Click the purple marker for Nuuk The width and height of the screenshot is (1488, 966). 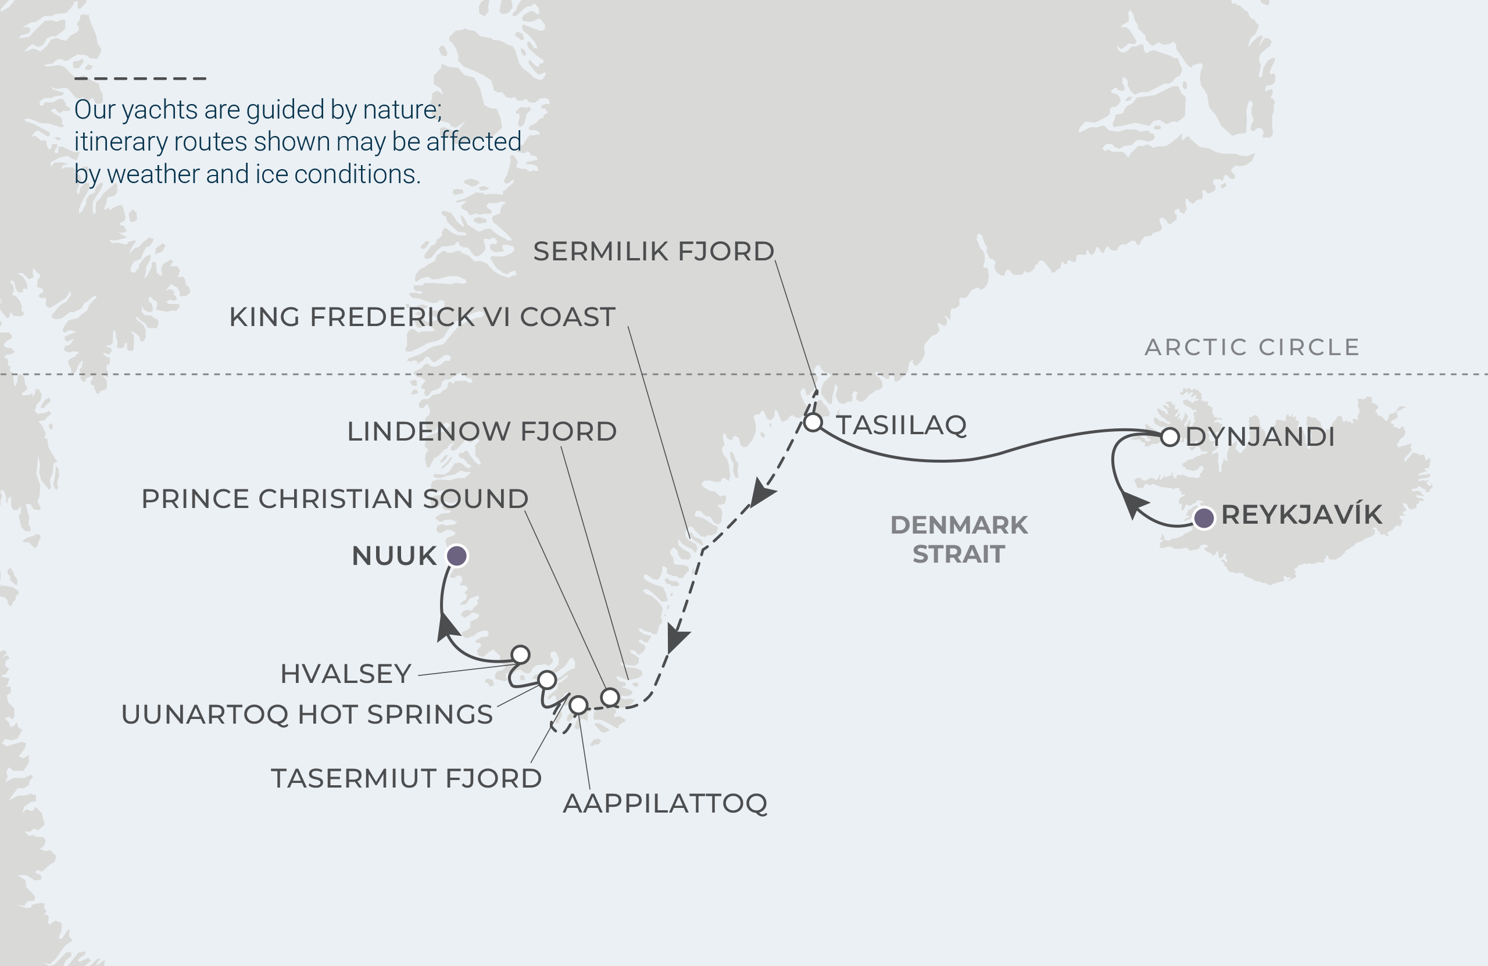[456, 555]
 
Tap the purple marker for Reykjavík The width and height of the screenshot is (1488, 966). [1204, 518]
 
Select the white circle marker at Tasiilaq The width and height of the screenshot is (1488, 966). [813, 423]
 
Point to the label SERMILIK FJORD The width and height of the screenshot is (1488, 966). [653, 251]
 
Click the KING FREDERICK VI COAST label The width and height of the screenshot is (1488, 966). [422, 317]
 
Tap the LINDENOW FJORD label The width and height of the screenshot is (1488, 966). [481, 431]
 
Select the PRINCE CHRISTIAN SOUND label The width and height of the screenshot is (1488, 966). [334, 499]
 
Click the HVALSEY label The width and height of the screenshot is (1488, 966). [346, 674]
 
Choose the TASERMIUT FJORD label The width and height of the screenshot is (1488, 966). [406, 779]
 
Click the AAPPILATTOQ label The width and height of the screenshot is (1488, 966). [664, 803]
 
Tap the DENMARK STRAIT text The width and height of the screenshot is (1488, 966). [958, 539]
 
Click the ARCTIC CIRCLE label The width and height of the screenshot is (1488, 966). [1252, 347]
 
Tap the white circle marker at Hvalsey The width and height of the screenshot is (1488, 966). [520, 654]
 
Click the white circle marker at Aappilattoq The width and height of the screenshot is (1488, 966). [578, 705]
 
